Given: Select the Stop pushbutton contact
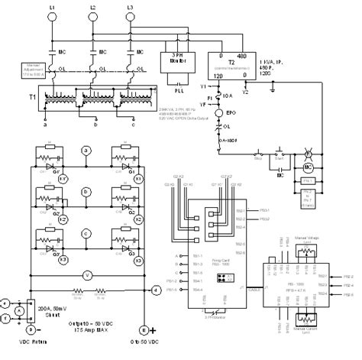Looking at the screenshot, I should pos(257,157).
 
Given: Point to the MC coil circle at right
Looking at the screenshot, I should pos(310,167).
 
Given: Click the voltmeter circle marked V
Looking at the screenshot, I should pos(87,273).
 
